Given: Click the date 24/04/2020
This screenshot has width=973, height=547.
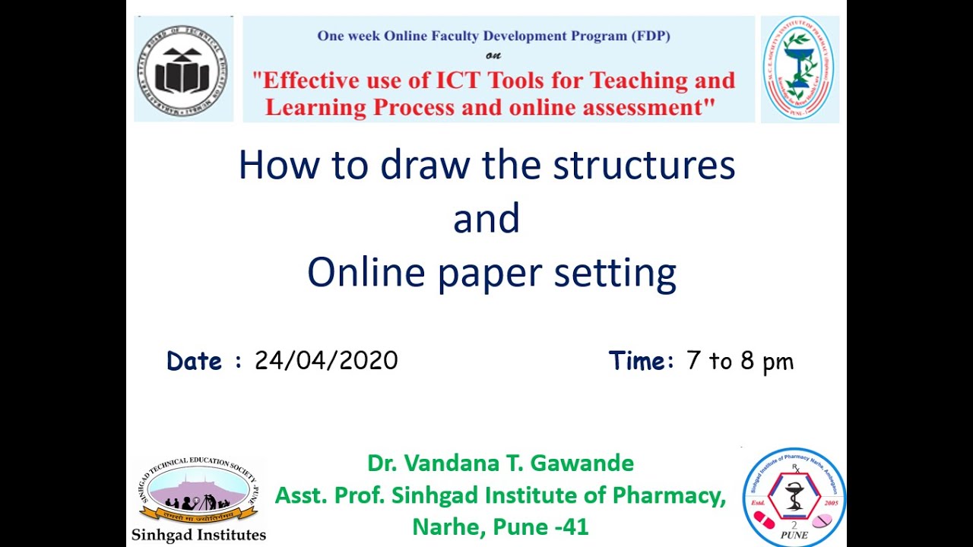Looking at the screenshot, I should click(326, 360).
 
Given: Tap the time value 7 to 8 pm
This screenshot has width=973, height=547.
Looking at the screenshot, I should click(739, 361).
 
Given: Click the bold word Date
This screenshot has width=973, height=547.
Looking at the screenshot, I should click(194, 361).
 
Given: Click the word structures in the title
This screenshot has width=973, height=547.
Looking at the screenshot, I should click(643, 165).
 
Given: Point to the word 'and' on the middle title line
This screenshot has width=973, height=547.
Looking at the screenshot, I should click(486, 218).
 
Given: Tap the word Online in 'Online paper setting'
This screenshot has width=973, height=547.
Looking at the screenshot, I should click(366, 272).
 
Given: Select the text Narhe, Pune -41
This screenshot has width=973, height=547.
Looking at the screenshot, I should click(500, 526).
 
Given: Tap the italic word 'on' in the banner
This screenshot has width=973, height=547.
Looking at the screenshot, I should click(493, 55).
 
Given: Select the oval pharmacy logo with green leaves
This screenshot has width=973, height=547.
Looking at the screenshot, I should click(798, 68).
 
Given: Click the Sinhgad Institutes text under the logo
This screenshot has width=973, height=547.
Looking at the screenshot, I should click(198, 535).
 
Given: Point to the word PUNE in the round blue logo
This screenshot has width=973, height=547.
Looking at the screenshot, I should click(794, 535).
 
